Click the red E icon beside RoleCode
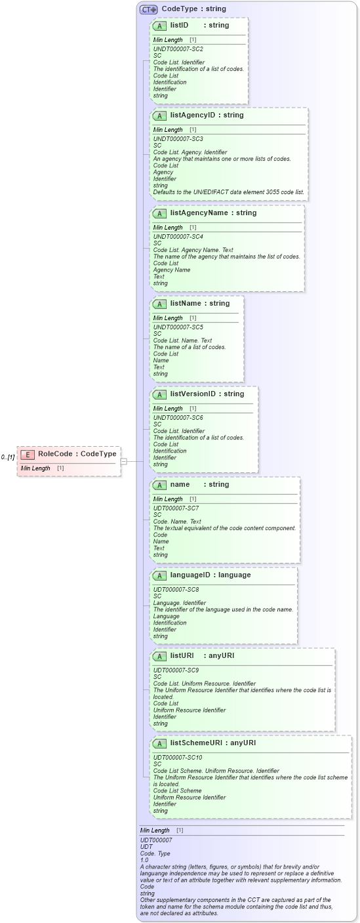(x=28, y=454)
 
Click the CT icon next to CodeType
(x=148, y=9)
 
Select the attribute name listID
(x=179, y=25)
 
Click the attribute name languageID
(x=191, y=575)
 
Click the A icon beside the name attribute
(x=159, y=485)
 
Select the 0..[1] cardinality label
(x=8, y=457)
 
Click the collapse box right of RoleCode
(x=123, y=461)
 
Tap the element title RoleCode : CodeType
(x=77, y=454)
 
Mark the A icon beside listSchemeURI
(x=159, y=743)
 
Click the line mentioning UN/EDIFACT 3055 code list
(x=229, y=192)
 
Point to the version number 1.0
(x=144, y=859)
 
